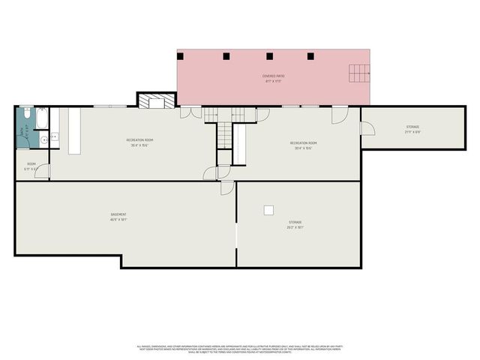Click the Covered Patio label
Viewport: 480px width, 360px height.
pos(273,78)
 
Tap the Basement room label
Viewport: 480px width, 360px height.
pos(118,217)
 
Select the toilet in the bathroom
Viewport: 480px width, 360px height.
pos(43,139)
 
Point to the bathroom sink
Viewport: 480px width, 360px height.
pos(54,137)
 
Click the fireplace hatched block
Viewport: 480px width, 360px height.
pos(156,100)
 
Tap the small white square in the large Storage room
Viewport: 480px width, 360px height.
pos(268,210)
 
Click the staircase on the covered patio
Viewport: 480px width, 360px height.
pos(359,73)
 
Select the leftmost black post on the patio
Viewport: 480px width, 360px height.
pos(183,55)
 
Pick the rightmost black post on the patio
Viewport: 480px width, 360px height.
pos(310,55)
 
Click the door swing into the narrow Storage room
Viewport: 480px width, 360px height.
pos(367,128)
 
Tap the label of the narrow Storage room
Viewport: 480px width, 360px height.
pos(413,129)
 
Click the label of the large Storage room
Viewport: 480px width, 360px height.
pos(295,224)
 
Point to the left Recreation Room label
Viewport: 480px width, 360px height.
pos(139,142)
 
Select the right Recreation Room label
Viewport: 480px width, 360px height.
pos(303,145)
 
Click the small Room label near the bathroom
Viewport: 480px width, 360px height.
pos(31,166)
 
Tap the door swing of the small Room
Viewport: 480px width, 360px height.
pos(43,172)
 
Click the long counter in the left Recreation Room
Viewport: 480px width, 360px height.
pos(74,131)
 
